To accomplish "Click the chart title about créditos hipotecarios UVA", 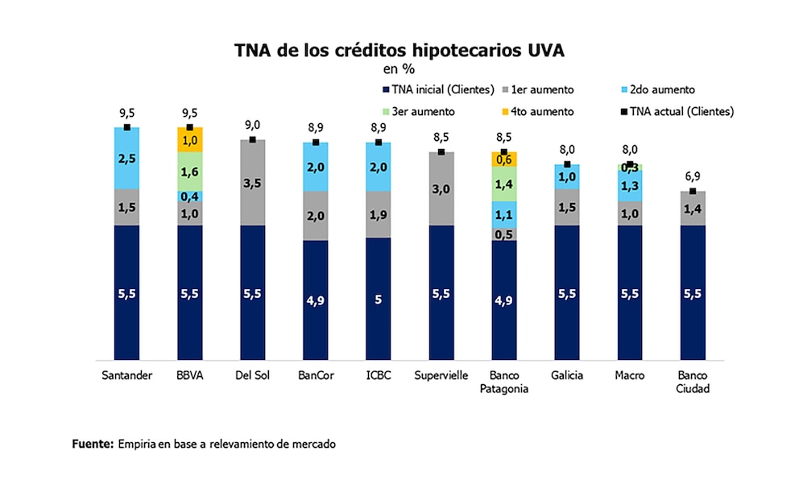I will [x=399, y=50].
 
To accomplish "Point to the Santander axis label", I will [x=127, y=376].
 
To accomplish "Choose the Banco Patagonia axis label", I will [x=503, y=383].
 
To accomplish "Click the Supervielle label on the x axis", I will [x=441, y=376].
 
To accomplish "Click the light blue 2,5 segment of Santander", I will [x=127, y=158].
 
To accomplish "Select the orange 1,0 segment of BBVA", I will [x=190, y=139].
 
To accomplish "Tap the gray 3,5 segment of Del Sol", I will [x=253, y=183].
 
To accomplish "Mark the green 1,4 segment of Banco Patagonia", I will [x=503, y=184].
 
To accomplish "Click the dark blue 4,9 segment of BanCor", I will [x=315, y=300].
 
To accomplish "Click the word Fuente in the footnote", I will [x=92, y=444].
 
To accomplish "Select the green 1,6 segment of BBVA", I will [x=190, y=171].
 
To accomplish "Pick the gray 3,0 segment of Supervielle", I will [x=441, y=188].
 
